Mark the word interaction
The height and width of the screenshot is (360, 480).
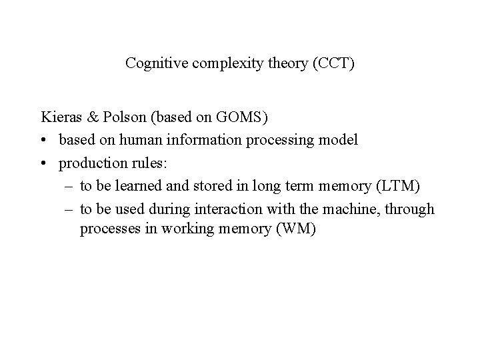point(229,210)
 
